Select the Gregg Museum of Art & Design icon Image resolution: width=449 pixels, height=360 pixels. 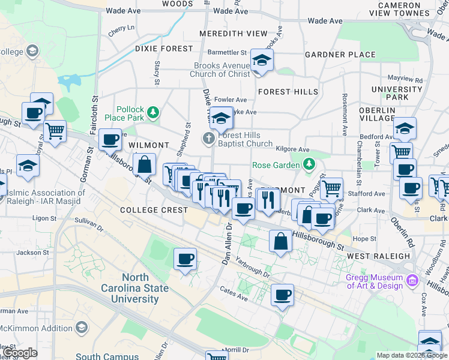tap(412, 280)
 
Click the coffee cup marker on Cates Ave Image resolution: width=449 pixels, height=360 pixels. tap(282, 295)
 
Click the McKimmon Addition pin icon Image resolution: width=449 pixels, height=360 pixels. tap(81, 328)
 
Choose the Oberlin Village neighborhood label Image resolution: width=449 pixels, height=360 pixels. tap(376, 114)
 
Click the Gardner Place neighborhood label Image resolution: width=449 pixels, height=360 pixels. tap(340, 55)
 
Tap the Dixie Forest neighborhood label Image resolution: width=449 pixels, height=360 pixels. tap(164, 48)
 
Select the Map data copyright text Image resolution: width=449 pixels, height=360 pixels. tap(411, 355)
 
